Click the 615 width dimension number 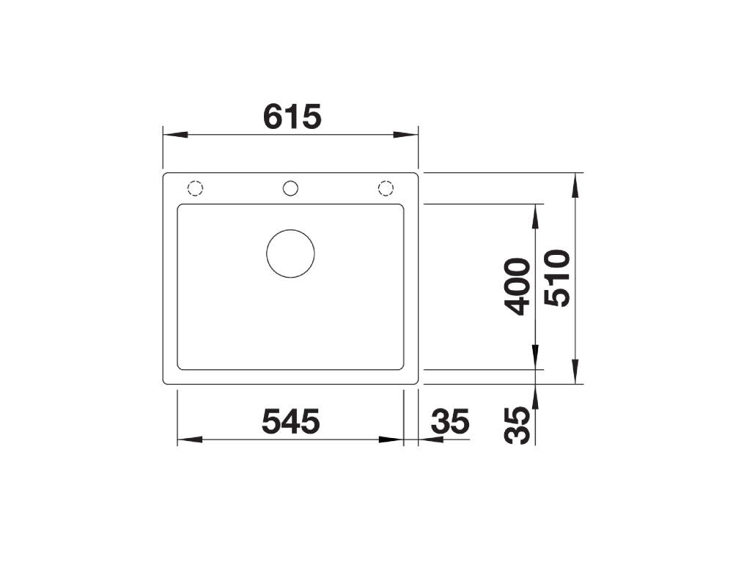292,116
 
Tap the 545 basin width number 291,421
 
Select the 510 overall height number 558,278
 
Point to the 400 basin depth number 517,286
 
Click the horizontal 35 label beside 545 450,421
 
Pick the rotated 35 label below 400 517,425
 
